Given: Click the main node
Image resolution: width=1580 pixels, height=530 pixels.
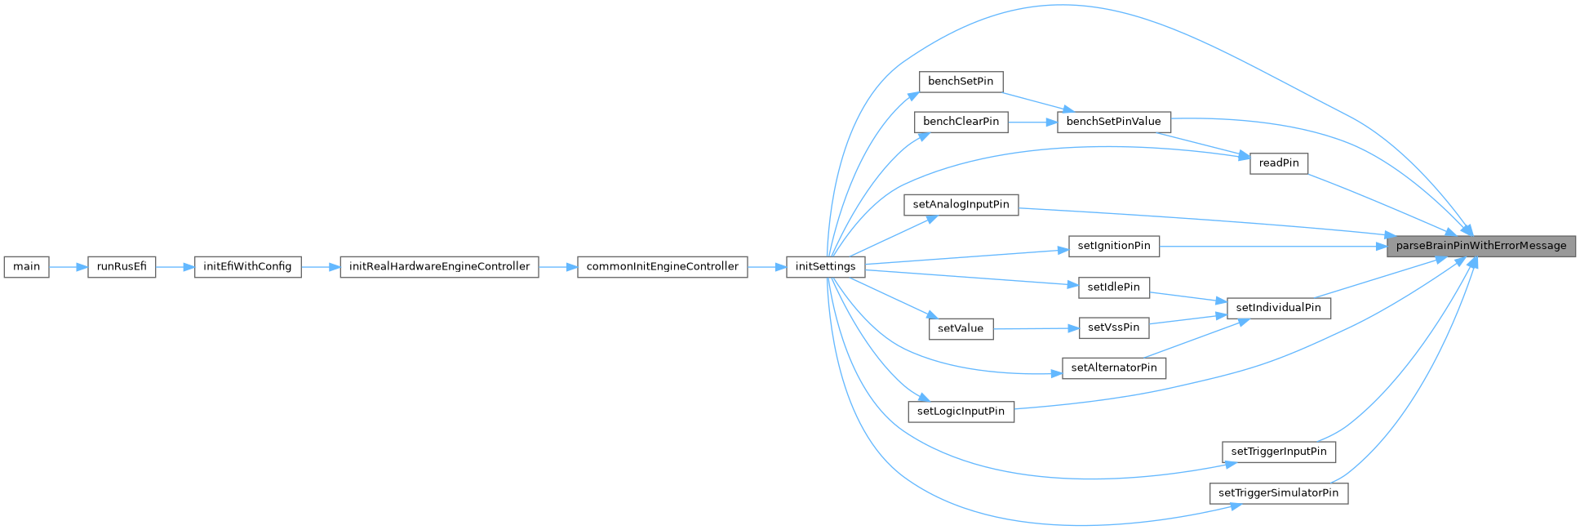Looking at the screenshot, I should [26, 267].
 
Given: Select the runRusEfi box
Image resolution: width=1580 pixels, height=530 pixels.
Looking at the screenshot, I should [122, 267].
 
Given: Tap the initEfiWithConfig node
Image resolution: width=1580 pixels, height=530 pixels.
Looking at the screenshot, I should [247, 267].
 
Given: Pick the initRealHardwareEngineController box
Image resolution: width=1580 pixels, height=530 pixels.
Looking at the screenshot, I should [439, 267].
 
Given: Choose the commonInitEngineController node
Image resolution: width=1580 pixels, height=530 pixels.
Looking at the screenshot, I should [662, 267].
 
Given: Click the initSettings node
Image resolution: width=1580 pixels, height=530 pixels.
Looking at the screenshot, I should [825, 267].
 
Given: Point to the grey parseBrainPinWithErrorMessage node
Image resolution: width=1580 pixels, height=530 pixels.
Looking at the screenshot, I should [1480, 246].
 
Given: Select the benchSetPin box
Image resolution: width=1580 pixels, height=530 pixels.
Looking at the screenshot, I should [961, 82].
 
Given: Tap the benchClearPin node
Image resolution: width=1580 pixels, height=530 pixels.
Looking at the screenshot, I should [961, 122].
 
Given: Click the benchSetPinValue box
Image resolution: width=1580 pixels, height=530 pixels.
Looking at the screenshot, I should [1113, 122].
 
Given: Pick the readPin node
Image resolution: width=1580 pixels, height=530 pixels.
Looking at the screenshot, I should [1278, 163].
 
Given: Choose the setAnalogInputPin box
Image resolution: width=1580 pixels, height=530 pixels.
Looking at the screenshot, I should [961, 205].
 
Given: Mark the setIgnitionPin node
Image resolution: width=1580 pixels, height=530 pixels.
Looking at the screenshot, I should [1113, 246].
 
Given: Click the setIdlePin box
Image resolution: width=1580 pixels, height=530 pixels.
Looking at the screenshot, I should [1113, 287].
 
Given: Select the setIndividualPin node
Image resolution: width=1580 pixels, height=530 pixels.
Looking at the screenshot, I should [1278, 308].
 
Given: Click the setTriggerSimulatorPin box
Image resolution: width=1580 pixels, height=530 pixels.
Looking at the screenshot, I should [1278, 493].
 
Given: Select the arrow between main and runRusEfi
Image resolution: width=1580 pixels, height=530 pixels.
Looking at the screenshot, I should [69, 267].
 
